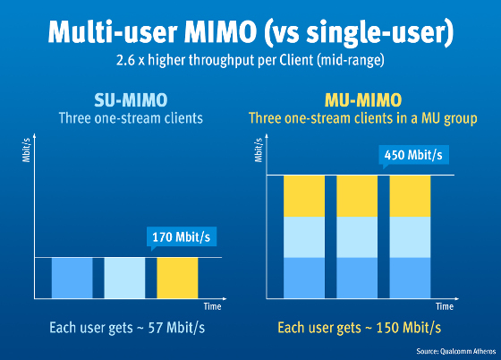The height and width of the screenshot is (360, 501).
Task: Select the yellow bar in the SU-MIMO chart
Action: [177, 278]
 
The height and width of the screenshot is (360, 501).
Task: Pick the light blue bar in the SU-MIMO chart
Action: [124, 278]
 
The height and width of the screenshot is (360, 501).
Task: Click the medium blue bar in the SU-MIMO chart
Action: [72, 278]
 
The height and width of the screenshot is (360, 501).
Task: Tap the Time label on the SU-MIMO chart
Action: [212, 306]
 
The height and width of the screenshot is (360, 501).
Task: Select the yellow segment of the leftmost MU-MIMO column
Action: [304, 195]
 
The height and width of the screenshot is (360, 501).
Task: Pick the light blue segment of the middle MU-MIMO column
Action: [357, 236]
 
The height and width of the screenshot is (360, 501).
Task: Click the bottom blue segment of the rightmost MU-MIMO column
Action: [410, 278]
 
